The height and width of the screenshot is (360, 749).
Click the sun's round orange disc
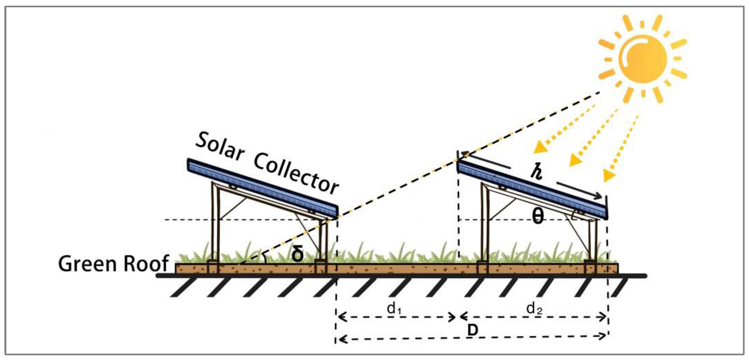point(643,59)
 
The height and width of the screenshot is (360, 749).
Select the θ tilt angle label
point(538,217)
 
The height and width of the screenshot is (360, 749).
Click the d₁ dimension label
point(394,308)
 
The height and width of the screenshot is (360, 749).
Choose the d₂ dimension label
point(534,308)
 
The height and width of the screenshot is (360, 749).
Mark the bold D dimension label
point(472,331)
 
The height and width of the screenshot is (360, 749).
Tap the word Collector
point(296,173)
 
